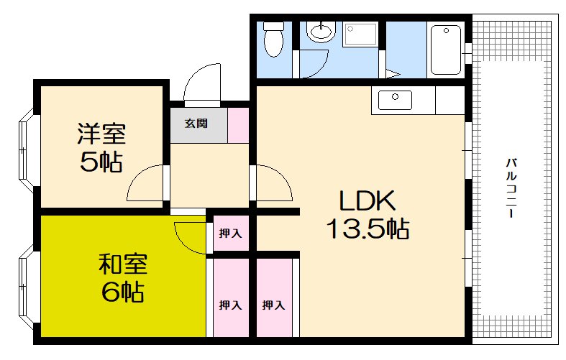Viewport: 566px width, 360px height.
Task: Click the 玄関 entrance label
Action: [196, 124]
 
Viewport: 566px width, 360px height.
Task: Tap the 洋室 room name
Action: [101, 134]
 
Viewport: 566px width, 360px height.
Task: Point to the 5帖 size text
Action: [101, 162]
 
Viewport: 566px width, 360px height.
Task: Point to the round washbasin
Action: [319, 32]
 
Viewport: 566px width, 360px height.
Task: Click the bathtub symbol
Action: [445, 50]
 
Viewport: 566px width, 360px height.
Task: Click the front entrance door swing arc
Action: [204, 83]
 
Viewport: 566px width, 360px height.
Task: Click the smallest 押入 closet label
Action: [229, 234]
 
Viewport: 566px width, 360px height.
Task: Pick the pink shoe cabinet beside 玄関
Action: [239, 124]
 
